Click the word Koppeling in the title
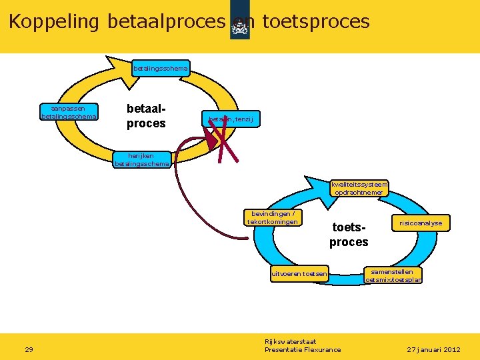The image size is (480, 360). (53, 21)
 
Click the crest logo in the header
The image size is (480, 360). (239, 27)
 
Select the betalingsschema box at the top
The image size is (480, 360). (161, 68)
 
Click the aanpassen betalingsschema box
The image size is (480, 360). (69, 111)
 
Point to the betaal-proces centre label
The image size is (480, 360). (146, 115)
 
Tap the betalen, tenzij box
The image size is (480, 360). (231, 119)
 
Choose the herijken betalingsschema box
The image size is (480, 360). (141, 159)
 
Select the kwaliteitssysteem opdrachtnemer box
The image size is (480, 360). (359, 188)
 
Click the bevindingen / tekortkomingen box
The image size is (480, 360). (273, 218)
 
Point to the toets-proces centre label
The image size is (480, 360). (349, 235)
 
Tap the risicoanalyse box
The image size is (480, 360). (421, 223)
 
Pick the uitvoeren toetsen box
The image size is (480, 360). (299, 273)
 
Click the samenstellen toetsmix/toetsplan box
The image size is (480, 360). (393, 275)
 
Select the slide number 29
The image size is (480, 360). (29, 349)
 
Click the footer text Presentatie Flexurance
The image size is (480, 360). (303, 349)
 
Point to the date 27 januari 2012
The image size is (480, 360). (433, 349)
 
